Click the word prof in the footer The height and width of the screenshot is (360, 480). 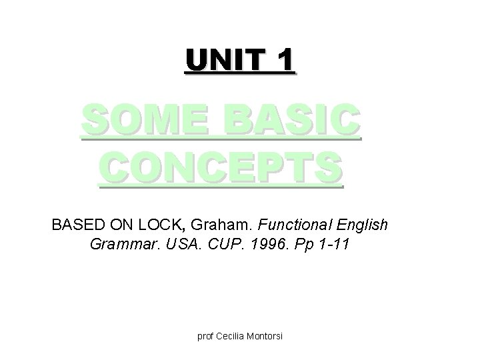click(205, 336)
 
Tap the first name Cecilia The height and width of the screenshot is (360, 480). click(233, 336)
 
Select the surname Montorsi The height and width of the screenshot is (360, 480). click(266, 336)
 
